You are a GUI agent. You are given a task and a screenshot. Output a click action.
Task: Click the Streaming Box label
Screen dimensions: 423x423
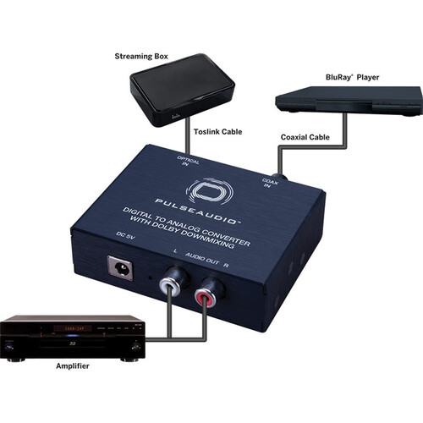[x=141, y=57]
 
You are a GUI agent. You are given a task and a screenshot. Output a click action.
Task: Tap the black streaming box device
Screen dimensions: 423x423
[x=182, y=90]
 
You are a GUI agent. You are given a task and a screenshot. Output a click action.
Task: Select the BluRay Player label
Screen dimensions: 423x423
[x=352, y=77]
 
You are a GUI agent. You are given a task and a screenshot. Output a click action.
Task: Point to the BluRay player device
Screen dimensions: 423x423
[x=349, y=101]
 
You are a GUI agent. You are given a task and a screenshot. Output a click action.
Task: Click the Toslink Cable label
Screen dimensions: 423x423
[x=217, y=132]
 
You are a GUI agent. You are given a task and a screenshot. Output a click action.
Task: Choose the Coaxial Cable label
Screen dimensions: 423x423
[x=305, y=137]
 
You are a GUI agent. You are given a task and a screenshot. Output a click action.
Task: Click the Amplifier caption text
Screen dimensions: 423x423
[x=73, y=366]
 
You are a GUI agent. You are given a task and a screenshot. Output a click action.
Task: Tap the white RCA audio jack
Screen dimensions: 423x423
[x=170, y=286]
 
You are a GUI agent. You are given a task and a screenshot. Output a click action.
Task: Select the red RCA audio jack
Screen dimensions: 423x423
[x=205, y=298]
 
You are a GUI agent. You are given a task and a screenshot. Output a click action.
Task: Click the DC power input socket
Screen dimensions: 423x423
[x=120, y=268]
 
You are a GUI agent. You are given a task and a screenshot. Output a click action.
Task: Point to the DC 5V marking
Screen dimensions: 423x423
[x=125, y=236]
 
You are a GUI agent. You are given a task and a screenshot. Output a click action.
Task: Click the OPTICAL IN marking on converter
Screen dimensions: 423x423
[x=188, y=160]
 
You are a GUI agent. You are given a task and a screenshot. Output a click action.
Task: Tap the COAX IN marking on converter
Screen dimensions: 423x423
[x=269, y=183]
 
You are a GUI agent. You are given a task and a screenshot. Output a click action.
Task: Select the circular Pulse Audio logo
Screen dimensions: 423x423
[x=211, y=192]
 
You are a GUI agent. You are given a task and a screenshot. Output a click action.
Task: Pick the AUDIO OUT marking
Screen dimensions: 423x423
[x=202, y=259]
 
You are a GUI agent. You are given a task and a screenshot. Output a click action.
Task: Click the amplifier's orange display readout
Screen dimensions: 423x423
[x=73, y=328]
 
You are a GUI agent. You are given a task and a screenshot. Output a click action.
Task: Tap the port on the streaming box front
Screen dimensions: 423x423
[x=176, y=116]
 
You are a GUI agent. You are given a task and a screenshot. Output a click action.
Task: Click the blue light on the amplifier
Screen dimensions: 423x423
[x=73, y=336]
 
